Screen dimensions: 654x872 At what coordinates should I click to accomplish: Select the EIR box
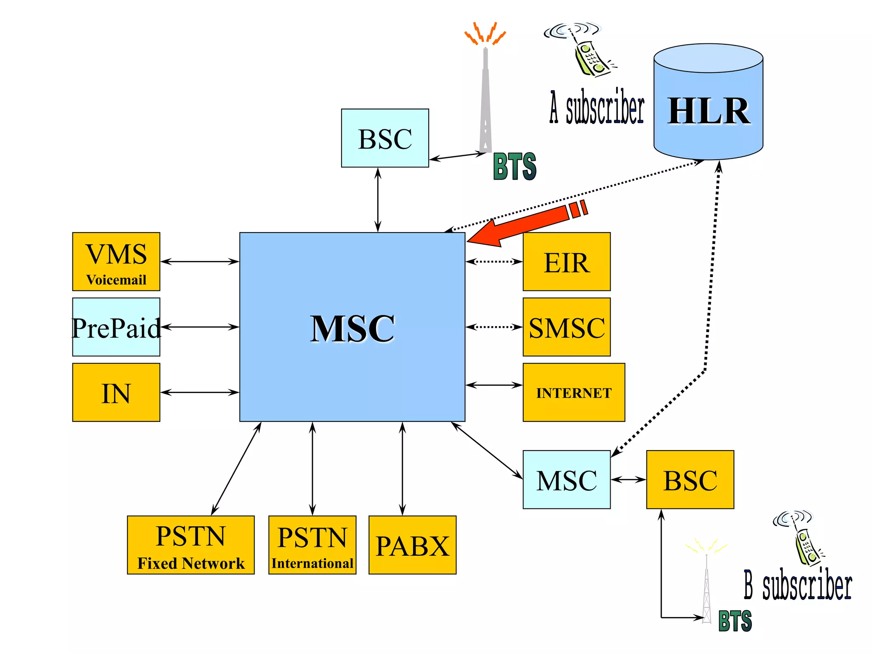[566, 261]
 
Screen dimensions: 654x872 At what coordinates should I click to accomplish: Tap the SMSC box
[566, 327]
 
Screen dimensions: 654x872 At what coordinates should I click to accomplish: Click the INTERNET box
[574, 392]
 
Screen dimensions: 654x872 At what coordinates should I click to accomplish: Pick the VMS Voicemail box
[116, 261]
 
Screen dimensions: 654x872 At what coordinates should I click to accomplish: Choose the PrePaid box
[116, 327]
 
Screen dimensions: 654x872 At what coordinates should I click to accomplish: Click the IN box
[116, 392]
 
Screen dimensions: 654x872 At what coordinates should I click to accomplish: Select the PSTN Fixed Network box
[190, 545]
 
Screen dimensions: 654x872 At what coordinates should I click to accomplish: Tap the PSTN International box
[312, 545]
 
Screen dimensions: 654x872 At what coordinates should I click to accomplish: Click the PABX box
[412, 545]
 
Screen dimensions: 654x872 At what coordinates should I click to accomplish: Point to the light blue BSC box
[385, 138]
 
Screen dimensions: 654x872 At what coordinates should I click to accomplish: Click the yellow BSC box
[690, 479]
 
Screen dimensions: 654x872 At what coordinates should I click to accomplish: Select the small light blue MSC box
[566, 479]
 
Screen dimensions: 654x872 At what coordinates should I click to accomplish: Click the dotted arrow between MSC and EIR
[494, 261]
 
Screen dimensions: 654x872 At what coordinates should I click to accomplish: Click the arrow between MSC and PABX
[402, 468]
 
